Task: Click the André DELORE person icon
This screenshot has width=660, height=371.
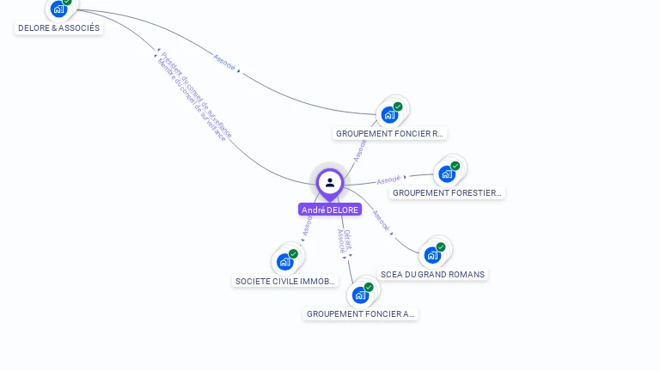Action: click(330, 182)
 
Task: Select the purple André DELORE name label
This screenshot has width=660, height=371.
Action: click(330, 210)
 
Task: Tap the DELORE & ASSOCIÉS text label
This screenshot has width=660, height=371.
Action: click(58, 28)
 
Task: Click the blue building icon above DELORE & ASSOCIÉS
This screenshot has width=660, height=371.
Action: click(58, 9)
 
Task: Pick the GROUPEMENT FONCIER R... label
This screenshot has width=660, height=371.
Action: click(389, 134)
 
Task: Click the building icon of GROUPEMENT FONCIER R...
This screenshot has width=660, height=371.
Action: click(389, 114)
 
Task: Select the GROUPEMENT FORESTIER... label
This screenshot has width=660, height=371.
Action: click(447, 193)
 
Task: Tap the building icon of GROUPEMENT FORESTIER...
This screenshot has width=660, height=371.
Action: click(446, 173)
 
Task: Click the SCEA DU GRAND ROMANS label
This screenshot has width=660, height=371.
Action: click(432, 275)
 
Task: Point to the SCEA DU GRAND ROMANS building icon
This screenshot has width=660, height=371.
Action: click(431, 254)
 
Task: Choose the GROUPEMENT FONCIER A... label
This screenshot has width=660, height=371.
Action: click(361, 314)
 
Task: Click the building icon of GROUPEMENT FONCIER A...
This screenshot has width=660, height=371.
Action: click(360, 295)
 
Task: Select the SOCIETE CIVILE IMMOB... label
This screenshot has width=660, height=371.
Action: click(286, 282)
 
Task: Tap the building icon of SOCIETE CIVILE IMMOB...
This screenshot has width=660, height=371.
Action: click(284, 261)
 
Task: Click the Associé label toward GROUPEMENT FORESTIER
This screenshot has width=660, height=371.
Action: click(389, 180)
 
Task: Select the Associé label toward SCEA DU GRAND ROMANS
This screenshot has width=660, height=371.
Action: click(381, 221)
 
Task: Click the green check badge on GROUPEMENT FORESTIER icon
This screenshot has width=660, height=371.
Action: click(455, 166)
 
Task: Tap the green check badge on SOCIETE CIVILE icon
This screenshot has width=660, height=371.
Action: click(293, 254)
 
